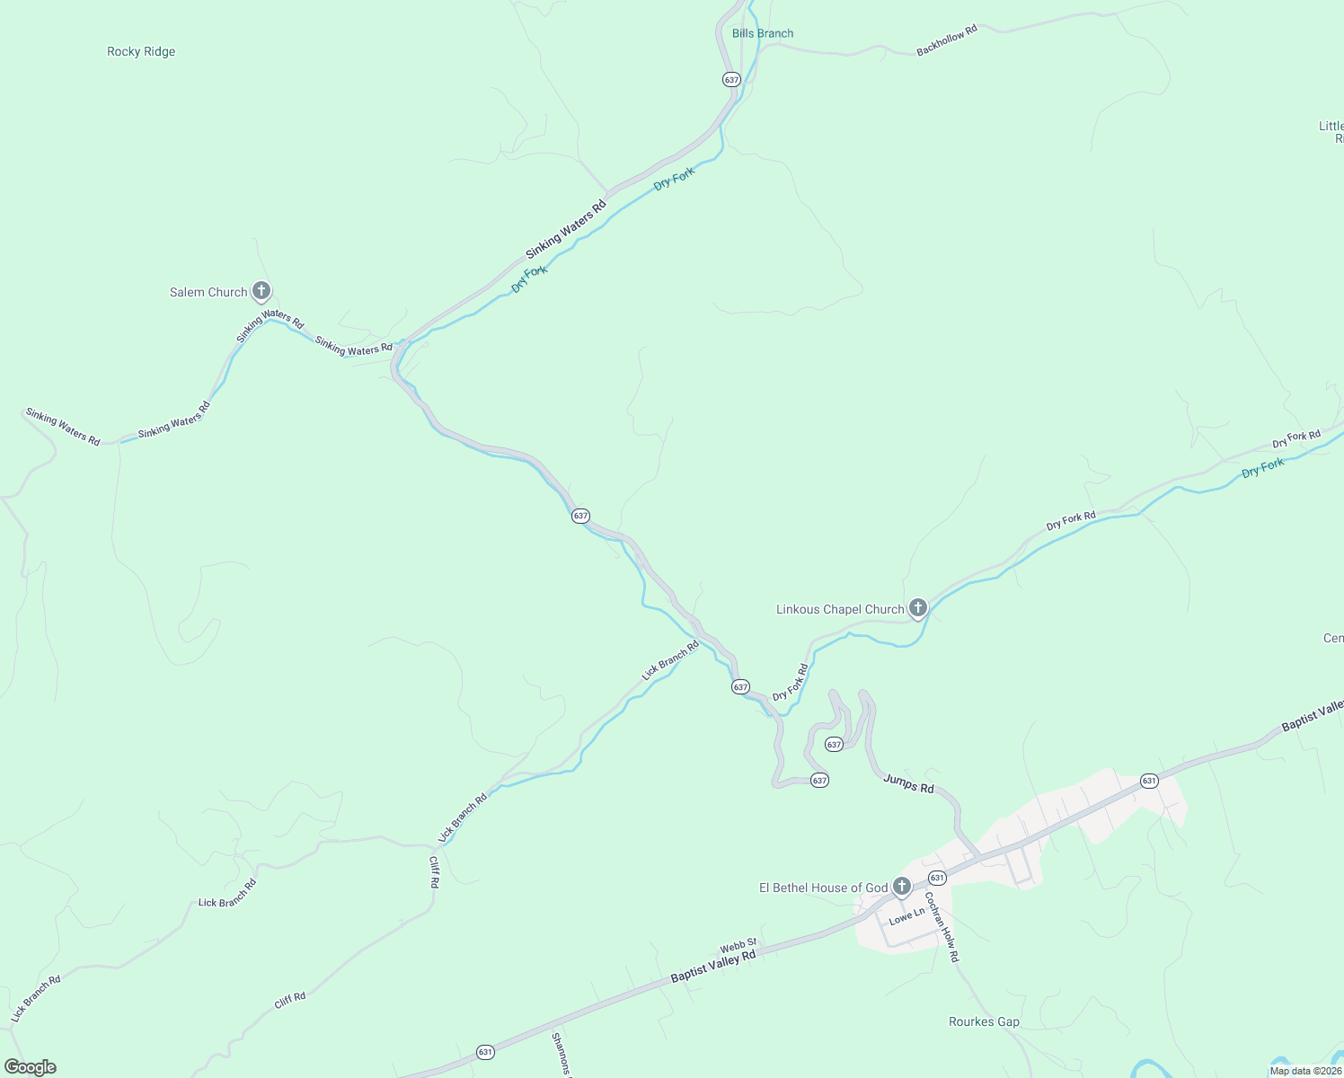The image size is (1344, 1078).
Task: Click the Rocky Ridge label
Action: [141, 52]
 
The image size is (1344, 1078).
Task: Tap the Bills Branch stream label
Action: [763, 34]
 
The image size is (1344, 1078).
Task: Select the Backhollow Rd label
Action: [946, 41]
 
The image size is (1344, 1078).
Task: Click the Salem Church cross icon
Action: [261, 290]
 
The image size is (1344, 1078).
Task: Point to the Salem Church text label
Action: [208, 293]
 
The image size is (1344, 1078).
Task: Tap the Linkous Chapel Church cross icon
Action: [917, 607]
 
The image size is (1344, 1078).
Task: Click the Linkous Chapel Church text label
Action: [840, 610]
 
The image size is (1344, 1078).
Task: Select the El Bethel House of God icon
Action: [902, 886]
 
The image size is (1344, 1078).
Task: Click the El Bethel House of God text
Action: [824, 888]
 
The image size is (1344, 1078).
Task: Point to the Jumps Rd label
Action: [908, 783]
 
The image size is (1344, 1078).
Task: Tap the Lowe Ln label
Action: [906, 917]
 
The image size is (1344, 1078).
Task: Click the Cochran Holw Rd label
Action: [942, 927]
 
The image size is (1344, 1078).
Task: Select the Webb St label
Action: [738, 946]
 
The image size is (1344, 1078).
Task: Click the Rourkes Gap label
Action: [984, 1022]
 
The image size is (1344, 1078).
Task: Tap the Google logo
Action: [31, 1067]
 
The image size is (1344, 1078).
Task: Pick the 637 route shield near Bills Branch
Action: [731, 80]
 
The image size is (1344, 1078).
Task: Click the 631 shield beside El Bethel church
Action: [937, 878]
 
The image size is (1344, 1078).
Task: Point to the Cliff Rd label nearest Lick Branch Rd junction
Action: [434, 872]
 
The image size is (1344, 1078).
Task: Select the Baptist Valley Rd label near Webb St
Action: [712, 968]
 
